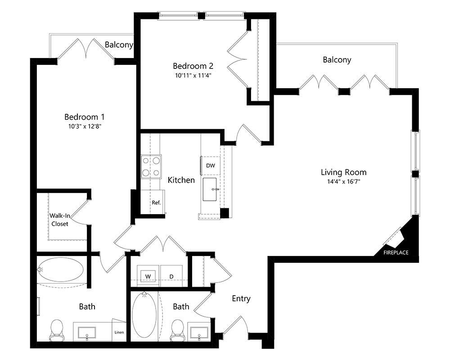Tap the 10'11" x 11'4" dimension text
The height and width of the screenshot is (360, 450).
coord(193,76)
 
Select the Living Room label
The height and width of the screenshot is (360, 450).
coord(343,172)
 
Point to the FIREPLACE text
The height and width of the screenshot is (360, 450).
coord(396,252)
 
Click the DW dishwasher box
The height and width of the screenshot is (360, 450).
coord(211,166)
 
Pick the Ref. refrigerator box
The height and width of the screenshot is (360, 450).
coord(156,202)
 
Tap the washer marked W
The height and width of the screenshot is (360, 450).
coord(148,276)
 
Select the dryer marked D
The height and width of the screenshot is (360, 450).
coord(171,276)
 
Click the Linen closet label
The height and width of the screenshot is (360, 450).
coord(119,333)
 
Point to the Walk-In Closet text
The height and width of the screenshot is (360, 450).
coord(60,219)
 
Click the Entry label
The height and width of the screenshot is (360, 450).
coord(241,298)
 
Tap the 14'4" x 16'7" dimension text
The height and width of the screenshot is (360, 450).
coord(343,182)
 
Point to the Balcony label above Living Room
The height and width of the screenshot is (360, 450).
coord(337,59)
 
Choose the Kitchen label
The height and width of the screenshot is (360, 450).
coord(181,180)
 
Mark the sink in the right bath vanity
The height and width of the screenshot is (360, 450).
coord(198,333)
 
